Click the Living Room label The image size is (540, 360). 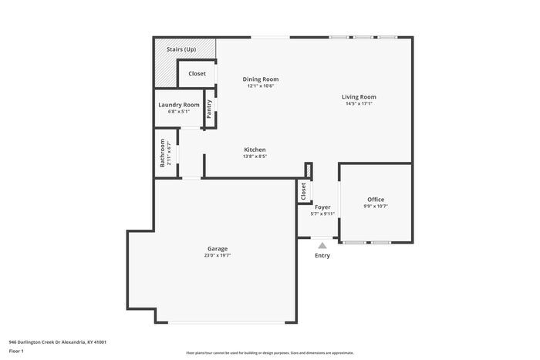[359, 97]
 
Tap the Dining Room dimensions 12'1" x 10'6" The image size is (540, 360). [261, 86]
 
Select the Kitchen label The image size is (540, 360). [255, 150]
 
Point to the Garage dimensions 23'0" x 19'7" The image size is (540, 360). [217, 256]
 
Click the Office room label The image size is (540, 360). [376, 200]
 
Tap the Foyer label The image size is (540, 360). [322, 207]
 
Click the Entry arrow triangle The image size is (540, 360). [322, 244]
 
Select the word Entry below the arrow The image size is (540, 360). [322, 256]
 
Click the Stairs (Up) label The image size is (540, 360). [181, 49]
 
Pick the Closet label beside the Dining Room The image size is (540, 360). [197, 74]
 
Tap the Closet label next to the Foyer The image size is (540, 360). [304, 190]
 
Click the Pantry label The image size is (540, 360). [209, 109]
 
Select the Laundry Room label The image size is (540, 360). [179, 105]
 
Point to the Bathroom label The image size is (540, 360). [163, 153]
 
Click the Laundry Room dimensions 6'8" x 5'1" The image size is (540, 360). [179, 112]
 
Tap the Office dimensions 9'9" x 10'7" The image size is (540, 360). [376, 207]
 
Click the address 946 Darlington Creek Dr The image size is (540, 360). [58, 341]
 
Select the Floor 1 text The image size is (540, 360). [16, 352]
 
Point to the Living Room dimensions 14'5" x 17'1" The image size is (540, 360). [359, 104]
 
